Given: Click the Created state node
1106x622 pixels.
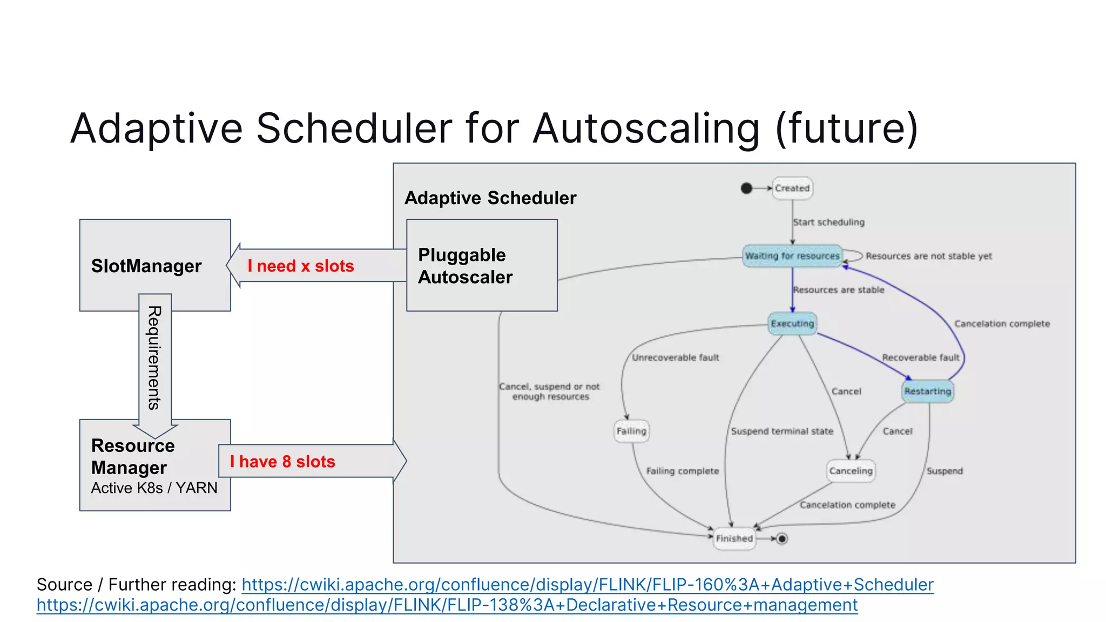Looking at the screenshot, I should (x=792, y=188).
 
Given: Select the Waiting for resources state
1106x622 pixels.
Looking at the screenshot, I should (x=792, y=256).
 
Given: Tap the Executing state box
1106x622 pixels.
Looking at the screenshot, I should (x=792, y=323).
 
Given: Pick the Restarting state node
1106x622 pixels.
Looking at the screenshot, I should (x=928, y=391).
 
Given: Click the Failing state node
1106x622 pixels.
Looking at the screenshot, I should (x=631, y=431).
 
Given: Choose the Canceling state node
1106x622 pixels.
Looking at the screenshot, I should (x=851, y=471).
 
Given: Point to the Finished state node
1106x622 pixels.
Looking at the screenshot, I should (x=734, y=538).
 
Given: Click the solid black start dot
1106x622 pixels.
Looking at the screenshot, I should (x=746, y=188).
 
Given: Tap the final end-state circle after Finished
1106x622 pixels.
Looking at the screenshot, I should (x=782, y=538).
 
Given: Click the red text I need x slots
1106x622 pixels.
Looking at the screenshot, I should (x=301, y=266).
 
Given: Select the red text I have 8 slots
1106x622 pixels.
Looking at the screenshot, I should (x=282, y=462).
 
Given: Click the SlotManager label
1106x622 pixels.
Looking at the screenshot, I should (x=146, y=266).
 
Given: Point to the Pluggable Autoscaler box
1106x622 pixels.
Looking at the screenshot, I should (x=481, y=266).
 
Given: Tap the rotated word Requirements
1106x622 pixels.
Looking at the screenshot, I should (x=154, y=358).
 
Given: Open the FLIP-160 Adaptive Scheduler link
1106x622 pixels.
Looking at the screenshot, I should (x=587, y=585).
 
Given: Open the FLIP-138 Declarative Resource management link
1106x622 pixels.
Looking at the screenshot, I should (x=447, y=605).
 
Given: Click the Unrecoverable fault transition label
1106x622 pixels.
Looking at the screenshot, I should (x=676, y=357).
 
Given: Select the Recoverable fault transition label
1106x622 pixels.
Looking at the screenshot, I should (x=921, y=357).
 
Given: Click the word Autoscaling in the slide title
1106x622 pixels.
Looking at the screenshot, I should (x=646, y=129).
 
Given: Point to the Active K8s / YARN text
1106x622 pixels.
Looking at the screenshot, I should (x=154, y=488).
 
